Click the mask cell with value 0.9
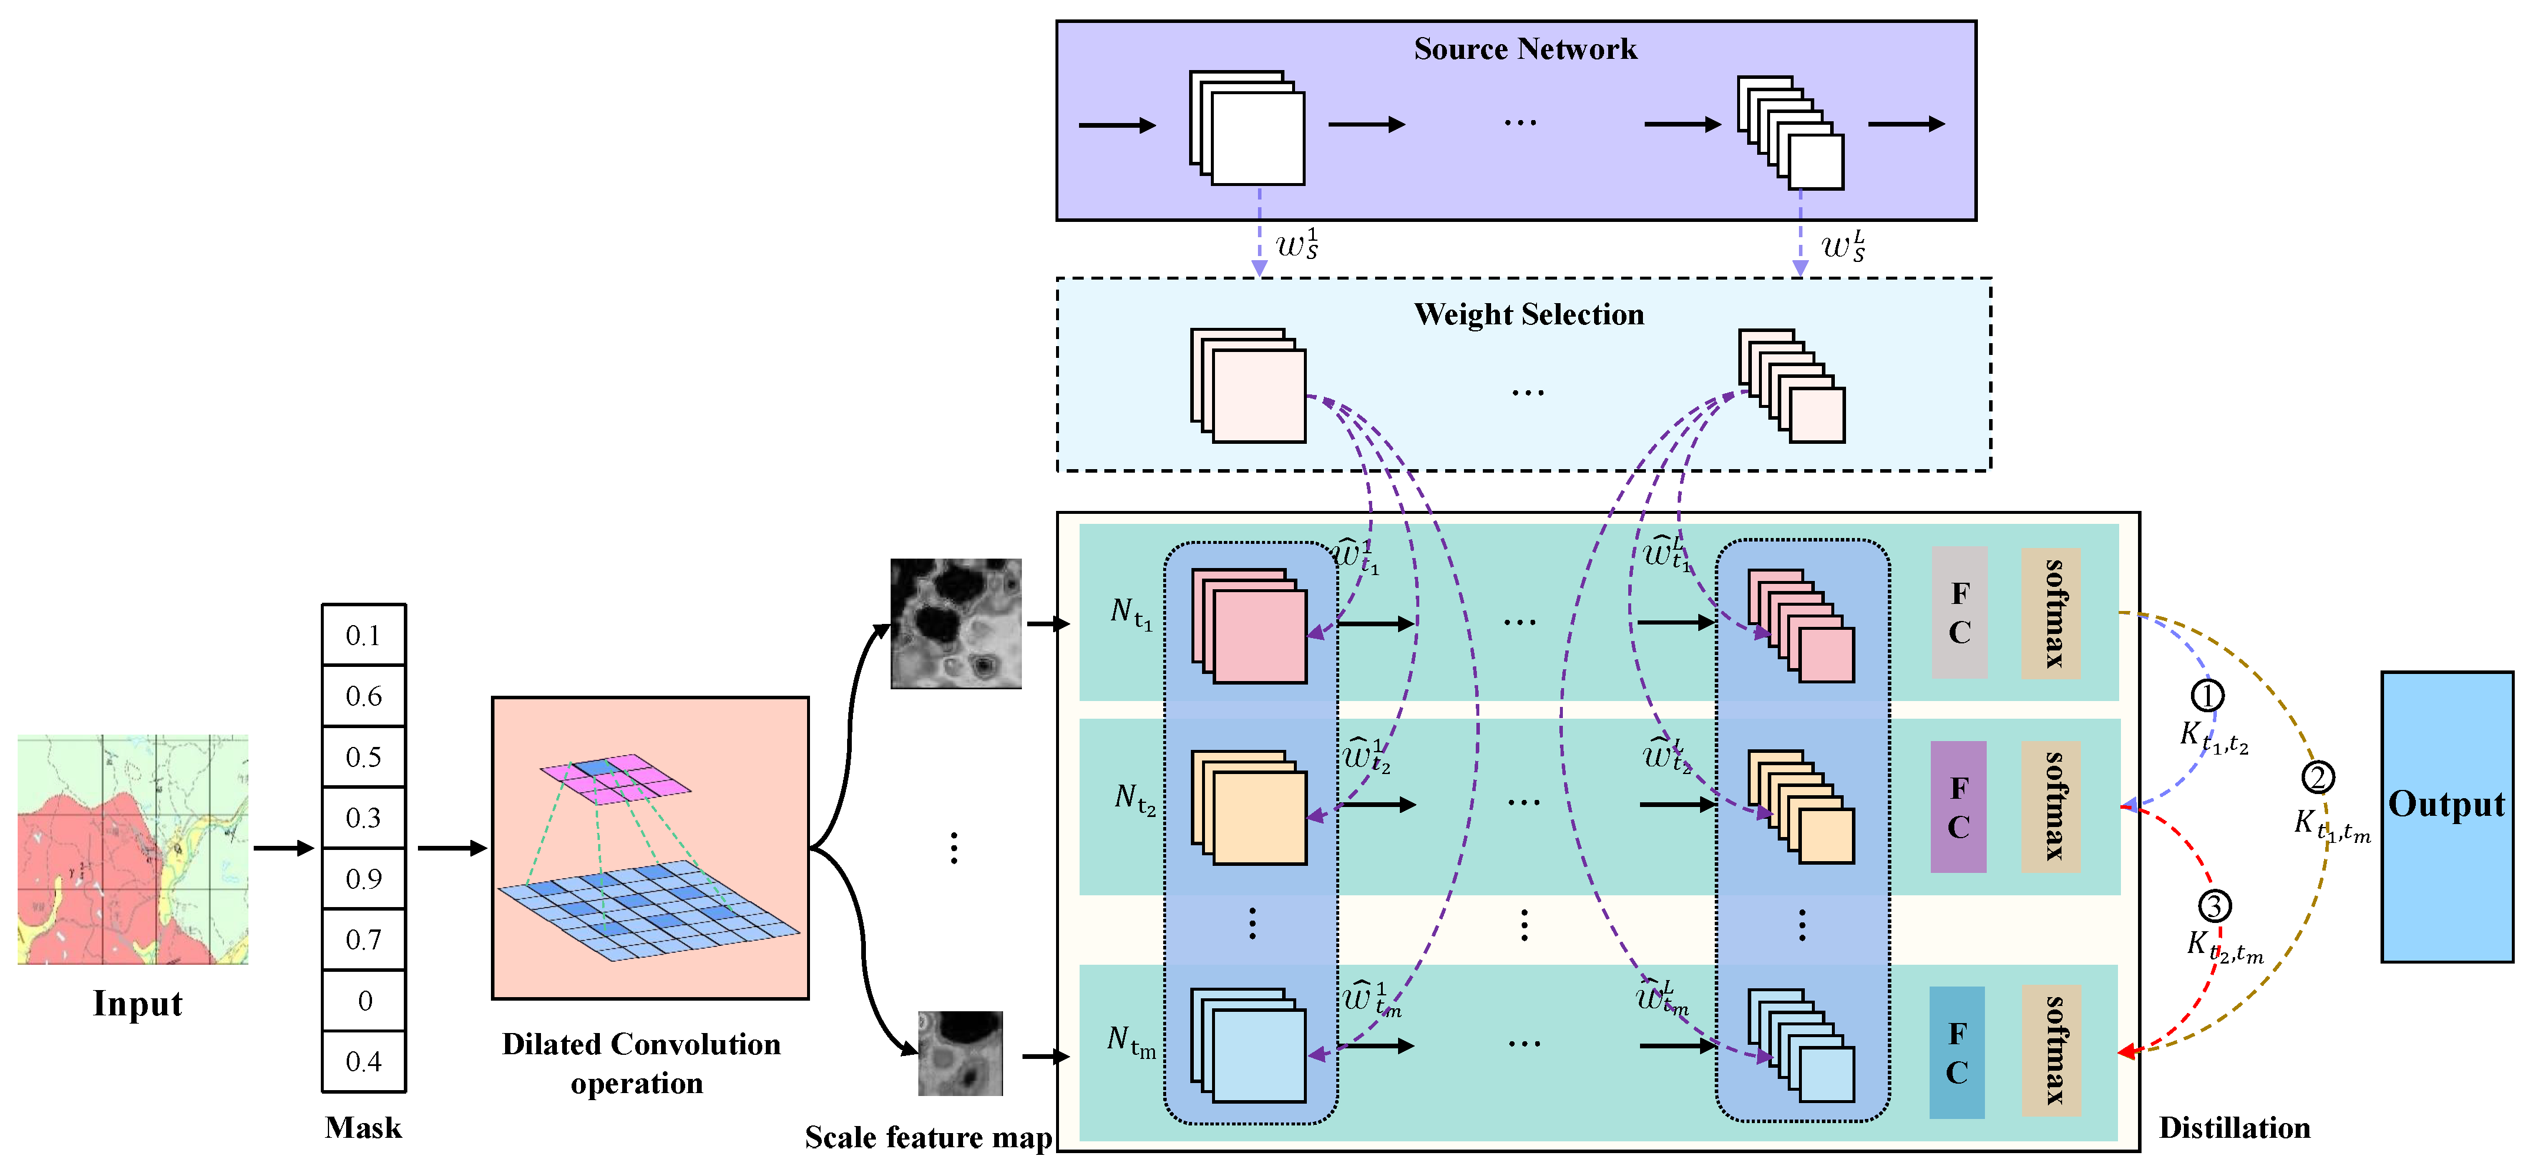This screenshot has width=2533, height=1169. (364, 878)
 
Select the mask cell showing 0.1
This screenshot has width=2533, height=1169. (364, 635)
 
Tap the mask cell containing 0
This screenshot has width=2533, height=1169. (364, 1000)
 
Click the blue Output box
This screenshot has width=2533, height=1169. (2446, 816)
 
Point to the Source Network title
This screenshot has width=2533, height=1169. (1525, 49)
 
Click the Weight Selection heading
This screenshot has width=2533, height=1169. (1529, 314)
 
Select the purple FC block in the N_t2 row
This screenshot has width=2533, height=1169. (1958, 806)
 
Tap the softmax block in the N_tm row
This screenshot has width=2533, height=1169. (2051, 1050)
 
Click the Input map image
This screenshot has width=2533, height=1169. (133, 849)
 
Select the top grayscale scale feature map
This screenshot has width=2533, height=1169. (956, 623)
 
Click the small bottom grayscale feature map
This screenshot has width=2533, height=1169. (961, 1053)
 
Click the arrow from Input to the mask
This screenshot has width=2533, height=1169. (283, 848)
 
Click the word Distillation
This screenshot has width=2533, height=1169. (2234, 1128)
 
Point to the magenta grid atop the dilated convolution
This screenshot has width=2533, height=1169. (616, 778)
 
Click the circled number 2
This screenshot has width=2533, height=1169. (2318, 778)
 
